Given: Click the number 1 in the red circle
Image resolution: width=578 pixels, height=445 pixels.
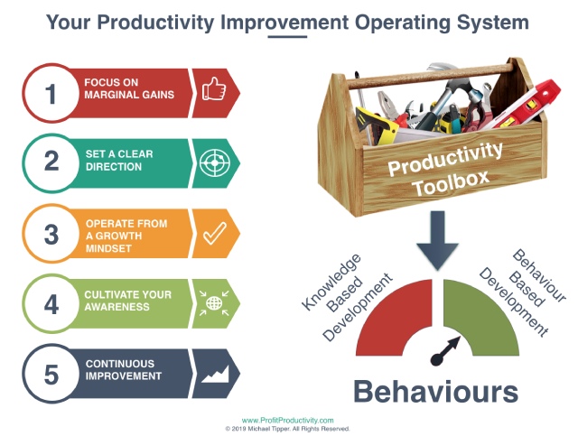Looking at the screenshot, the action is click(51, 94).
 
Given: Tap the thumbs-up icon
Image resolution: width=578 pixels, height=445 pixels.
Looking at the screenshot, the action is click(214, 88).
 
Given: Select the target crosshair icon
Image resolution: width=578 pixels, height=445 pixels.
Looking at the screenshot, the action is click(215, 162).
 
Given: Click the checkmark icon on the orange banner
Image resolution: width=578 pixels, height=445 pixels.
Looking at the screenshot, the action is click(215, 233).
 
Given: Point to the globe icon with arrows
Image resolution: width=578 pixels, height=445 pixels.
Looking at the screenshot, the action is click(214, 303).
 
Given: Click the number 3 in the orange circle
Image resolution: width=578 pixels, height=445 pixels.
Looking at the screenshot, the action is click(51, 235).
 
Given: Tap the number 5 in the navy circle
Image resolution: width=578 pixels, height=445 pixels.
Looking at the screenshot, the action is click(51, 375).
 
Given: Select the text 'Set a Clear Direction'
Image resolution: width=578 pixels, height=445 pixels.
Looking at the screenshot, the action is click(119, 161).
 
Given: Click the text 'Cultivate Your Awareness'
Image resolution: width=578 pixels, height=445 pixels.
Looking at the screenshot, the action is click(128, 301).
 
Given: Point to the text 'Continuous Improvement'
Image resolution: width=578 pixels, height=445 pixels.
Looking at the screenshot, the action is click(124, 370).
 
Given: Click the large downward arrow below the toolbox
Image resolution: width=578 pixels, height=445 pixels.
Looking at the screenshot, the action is click(437, 240).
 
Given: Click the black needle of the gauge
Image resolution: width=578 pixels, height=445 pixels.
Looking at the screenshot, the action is click(445, 351).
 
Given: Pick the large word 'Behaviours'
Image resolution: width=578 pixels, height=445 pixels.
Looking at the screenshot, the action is click(436, 392).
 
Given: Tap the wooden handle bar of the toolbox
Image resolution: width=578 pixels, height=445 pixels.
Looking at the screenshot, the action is click(430, 77).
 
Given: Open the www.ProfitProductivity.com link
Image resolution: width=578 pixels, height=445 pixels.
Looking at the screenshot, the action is click(287, 421).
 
